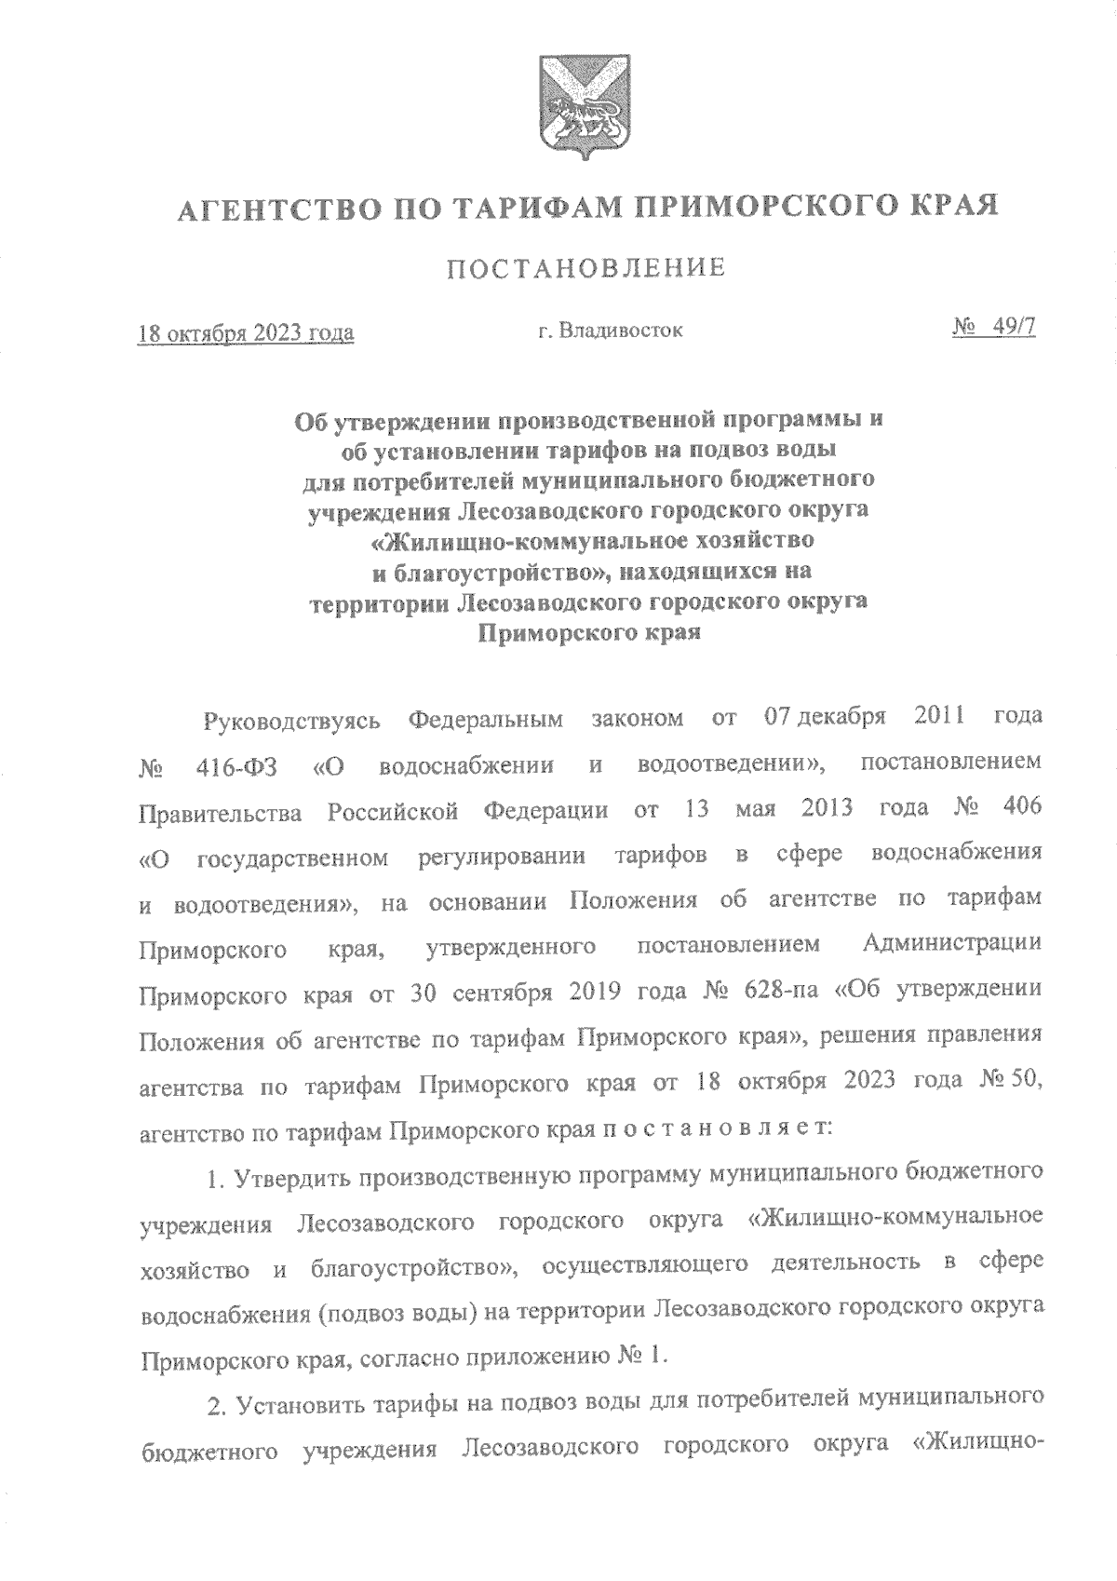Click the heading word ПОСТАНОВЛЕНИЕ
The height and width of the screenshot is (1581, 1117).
586,270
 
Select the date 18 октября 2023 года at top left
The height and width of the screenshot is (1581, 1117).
246,332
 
